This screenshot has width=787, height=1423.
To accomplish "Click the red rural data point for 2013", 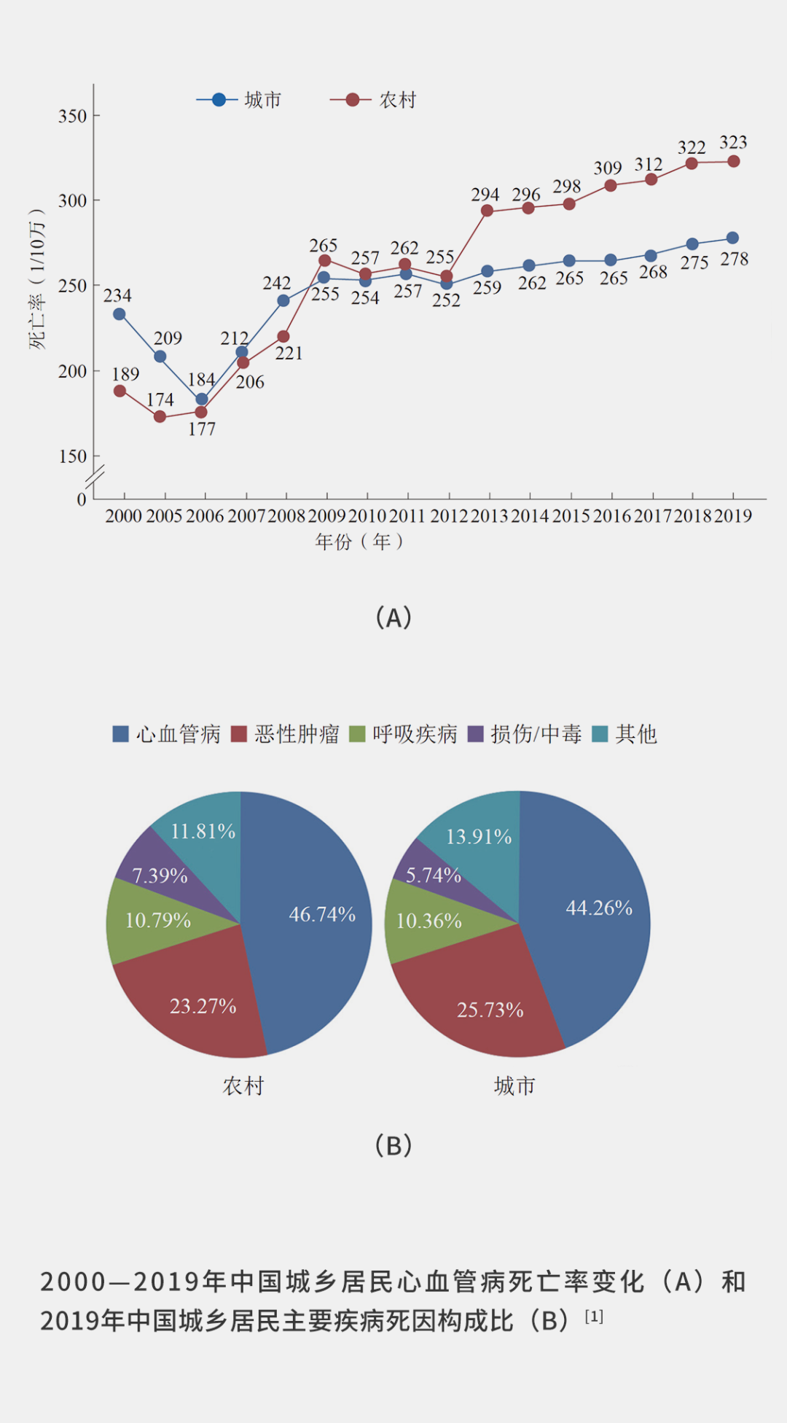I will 487,211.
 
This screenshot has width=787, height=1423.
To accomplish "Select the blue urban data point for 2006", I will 202,399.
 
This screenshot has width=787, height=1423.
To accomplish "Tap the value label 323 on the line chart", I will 733,142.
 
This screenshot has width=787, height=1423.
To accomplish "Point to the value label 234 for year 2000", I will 117,295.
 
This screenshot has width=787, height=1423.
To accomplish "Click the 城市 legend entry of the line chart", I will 240,100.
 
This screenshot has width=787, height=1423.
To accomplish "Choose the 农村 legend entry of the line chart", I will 374,100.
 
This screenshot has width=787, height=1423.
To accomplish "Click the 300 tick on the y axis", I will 72,200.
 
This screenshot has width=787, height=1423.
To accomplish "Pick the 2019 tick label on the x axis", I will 733,516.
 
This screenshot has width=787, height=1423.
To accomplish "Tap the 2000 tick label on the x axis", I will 123,516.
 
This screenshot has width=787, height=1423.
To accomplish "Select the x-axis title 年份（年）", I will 359,542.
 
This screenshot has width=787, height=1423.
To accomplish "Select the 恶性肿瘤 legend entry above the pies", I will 285,734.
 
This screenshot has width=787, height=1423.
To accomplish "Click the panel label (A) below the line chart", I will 393,617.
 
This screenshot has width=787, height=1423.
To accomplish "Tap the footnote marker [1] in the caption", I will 594,1317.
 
